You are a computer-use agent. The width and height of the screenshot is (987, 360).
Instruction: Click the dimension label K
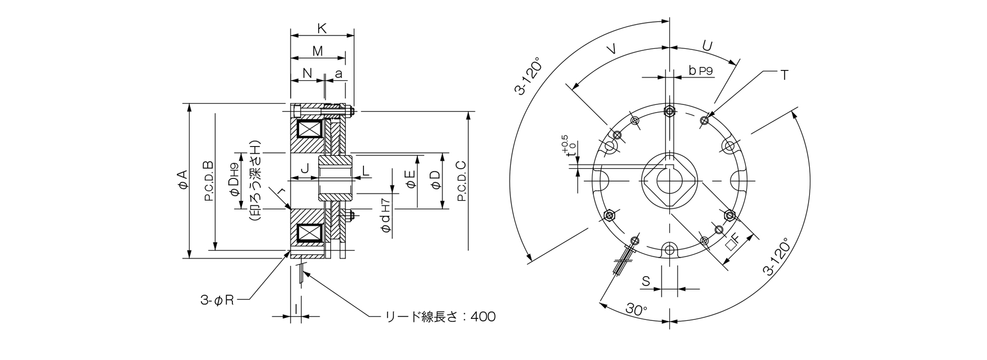[x=322, y=29]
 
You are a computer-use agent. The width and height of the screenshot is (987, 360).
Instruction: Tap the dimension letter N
[x=307, y=74]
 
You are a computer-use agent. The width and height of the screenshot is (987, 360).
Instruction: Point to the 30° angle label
[x=636, y=310]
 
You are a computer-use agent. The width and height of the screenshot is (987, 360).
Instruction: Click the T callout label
[x=783, y=75]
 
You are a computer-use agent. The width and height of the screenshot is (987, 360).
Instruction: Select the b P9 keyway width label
[x=700, y=71]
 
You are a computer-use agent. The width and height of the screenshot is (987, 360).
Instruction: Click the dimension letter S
[x=646, y=281]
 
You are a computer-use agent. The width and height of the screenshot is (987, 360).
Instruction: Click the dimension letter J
[x=304, y=169]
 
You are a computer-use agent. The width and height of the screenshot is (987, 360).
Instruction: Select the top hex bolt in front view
[x=669, y=111]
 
